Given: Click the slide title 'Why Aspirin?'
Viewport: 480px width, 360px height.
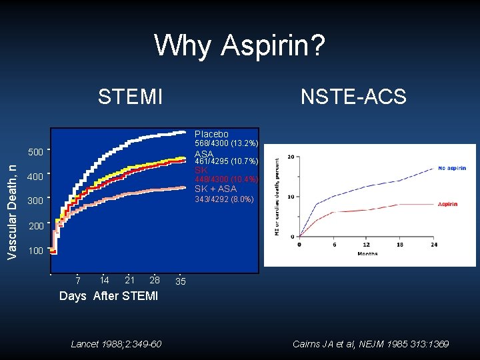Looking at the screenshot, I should [240, 46].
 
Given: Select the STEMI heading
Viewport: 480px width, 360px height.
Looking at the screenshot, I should [130, 97].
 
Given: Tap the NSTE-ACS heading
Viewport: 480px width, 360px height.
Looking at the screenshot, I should [353, 97].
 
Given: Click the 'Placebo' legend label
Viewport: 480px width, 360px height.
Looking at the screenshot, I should [211, 134].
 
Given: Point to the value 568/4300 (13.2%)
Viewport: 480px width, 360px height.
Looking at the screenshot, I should [226, 144].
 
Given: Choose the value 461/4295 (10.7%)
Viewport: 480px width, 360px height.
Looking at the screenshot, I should [226, 161].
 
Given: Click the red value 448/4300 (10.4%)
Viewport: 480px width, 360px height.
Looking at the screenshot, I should [226, 179].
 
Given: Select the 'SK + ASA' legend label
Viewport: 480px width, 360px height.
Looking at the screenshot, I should [215, 189].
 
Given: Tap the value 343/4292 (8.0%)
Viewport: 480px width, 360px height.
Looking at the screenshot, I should [224, 198].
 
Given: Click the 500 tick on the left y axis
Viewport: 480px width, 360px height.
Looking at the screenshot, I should [35, 152].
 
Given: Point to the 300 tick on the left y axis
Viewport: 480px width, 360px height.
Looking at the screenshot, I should [35, 201].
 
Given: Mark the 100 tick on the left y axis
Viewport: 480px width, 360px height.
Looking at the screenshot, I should [35, 251].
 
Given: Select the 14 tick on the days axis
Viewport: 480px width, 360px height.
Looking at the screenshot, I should [104, 280].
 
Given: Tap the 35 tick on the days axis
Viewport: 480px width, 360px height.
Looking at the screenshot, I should [180, 281].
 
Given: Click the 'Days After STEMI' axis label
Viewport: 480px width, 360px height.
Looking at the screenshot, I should [109, 296].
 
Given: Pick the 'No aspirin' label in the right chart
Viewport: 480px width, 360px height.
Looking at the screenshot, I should [452, 168].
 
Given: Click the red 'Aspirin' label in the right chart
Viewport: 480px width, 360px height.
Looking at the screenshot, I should [447, 204].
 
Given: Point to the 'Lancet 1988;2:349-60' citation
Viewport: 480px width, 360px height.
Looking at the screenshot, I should [115, 344].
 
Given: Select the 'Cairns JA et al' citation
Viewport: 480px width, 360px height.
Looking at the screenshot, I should [371, 344].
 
